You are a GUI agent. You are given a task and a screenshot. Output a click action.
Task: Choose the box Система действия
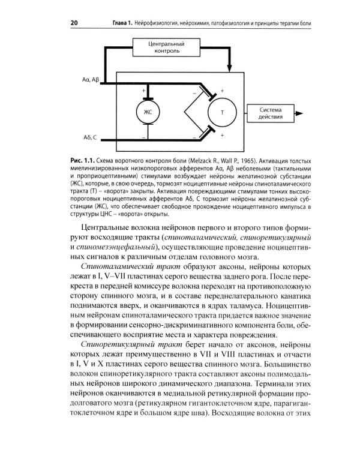(x=274, y=112)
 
